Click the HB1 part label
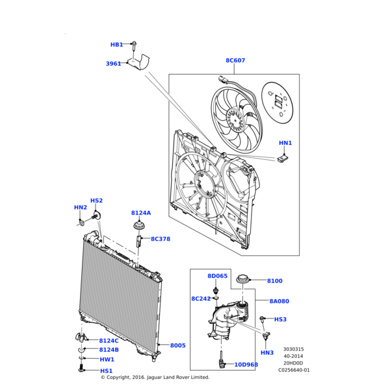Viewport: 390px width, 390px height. (116, 45)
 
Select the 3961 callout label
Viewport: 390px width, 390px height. (113, 64)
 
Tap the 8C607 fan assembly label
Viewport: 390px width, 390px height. (235, 60)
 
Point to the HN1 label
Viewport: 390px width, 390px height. (285, 143)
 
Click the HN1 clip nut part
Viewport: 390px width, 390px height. (283, 159)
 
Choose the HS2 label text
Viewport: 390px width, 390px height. (96, 200)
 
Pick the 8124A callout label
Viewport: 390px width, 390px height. (141, 213)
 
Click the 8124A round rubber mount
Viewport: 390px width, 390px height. (139, 227)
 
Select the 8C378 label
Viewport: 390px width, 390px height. (161, 239)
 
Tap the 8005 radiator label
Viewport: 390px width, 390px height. (178, 346)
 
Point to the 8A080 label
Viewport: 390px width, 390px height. (279, 301)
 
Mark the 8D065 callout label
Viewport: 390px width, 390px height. (218, 276)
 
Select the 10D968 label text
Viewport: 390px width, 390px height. (246, 365)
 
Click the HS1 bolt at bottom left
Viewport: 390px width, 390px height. (81, 369)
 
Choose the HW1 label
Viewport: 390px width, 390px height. (107, 359)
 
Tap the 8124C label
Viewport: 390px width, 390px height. (109, 341)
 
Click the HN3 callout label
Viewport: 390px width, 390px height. (267, 353)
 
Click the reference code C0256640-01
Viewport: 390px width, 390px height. (294, 370)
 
